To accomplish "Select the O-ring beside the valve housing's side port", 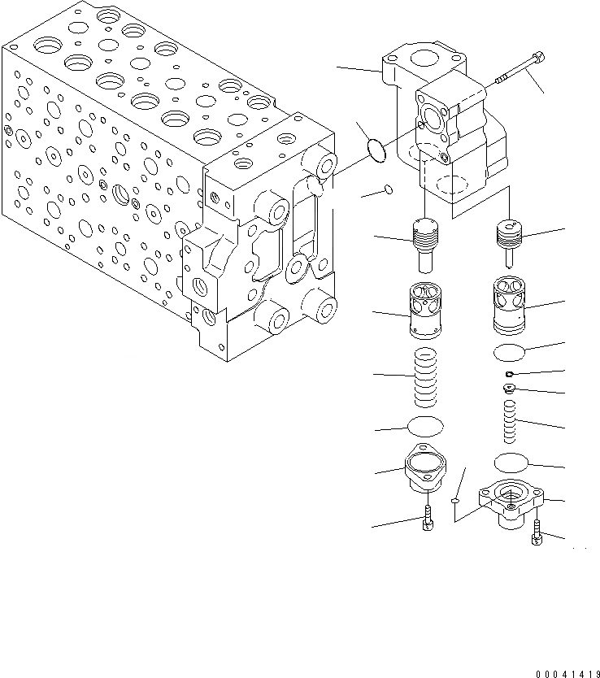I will pyautogui.click(x=375, y=149).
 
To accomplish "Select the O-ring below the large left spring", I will pyautogui.click(x=424, y=427).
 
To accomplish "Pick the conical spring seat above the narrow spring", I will pyautogui.click(x=510, y=390).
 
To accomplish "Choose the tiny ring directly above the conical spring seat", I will pyautogui.click(x=509, y=373).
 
